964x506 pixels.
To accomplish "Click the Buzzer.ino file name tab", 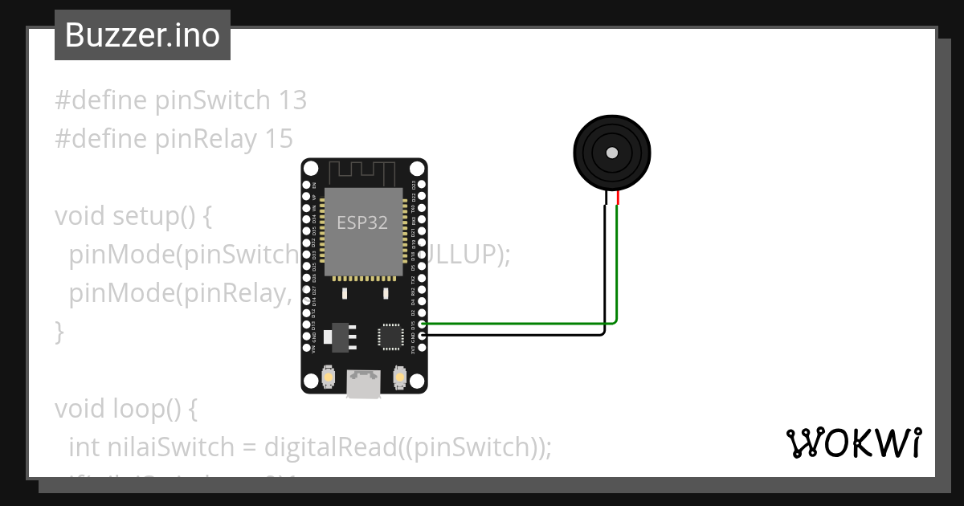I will coord(142,35).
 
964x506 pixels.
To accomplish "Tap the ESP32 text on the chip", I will coord(361,223).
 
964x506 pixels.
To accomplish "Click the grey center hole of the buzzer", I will coord(612,153).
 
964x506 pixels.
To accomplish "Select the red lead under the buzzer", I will coord(618,198).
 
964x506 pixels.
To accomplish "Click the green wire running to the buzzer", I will coord(616,265).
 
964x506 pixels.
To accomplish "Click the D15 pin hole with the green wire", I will coord(423,324).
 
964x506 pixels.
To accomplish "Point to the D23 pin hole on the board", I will coord(423,184).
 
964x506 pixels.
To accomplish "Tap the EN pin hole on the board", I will coord(305,184).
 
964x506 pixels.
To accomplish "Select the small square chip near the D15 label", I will coord(391,337).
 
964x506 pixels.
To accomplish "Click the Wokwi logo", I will coord(854,443).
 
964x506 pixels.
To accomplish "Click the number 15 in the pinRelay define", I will coord(278,139).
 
